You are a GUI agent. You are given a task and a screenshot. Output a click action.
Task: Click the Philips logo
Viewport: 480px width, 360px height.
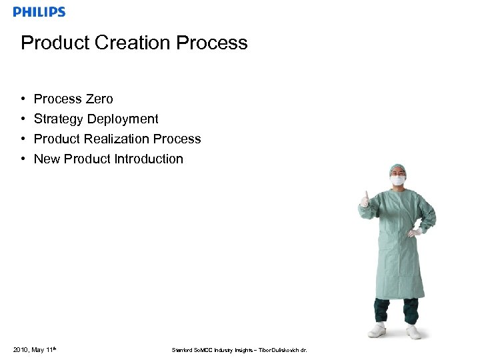pyautogui.click(x=39, y=12)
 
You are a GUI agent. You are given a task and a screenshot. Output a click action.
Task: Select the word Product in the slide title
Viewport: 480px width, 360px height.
pyautogui.click(x=55, y=43)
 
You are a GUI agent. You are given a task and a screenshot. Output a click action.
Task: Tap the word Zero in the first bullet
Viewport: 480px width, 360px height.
pyautogui.click(x=99, y=99)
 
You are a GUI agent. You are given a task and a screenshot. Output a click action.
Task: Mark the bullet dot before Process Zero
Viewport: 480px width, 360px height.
pyautogui.click(x=23, y=99)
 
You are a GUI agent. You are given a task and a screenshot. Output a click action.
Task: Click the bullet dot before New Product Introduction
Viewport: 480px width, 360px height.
pyautogui.click(x=23, y=159)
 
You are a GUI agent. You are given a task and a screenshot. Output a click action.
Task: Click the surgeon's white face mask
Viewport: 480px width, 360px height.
pyautogui.click(x=398, y=180)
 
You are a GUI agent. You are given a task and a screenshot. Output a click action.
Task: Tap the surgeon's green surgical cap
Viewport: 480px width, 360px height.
pyautogui.click(x=398, y=169)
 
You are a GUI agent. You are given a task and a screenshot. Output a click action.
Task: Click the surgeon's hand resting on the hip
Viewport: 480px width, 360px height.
pyautogui.click(x=415, y=233)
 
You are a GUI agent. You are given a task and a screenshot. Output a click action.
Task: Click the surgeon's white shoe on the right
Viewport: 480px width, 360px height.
pyautogui.click(x=413, y=331)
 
